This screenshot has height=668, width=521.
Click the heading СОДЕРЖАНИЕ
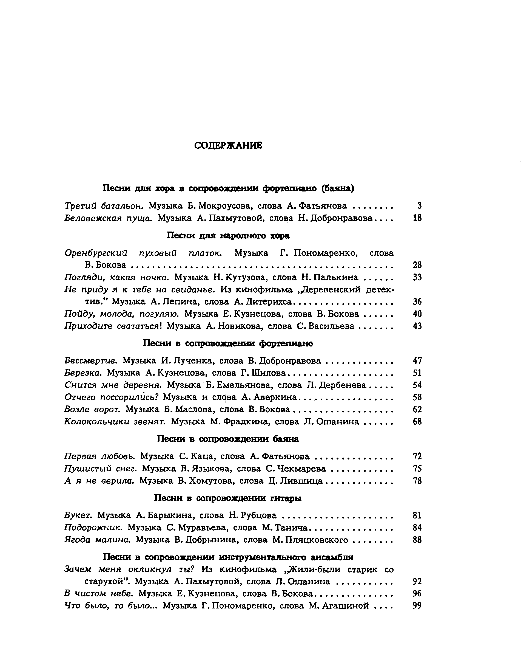tap(228, 146)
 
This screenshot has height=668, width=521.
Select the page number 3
tap(419, 206)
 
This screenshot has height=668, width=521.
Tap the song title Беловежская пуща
tap(109, 218)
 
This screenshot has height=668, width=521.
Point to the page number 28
tap(417, 265)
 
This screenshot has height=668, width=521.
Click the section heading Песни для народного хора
tap(228, 235)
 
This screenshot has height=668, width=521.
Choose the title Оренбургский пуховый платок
tap(143, 253)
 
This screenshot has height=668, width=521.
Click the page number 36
tap(417, 302)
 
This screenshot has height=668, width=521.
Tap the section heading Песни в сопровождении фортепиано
tap(228, 343)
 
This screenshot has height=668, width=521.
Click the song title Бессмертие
tap(91, 361)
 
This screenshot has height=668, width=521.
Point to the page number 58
tap(417, 397)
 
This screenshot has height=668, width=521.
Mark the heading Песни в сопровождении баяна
tap(228, 439)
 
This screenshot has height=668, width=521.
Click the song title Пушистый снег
tap(101, 469)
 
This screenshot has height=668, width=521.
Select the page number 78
tap(417, 481)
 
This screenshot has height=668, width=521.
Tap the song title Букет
tap(78, 515)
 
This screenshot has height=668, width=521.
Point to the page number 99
tap(417, 606)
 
